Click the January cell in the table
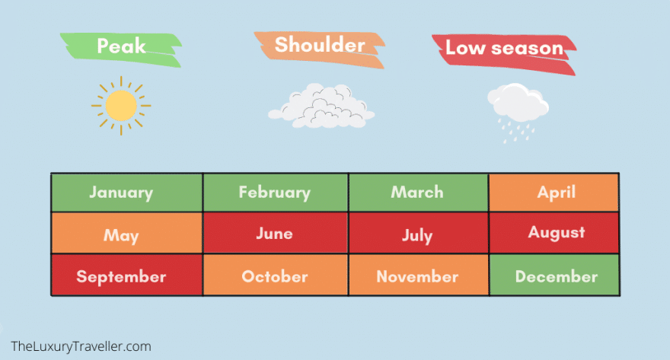[x=127, y=193]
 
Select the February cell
[x=276, y=193]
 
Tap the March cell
[x=419, y=193]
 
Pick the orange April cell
[x=554, y=193]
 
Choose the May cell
[x=127, y=233]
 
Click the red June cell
[x=276, y=233]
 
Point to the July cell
[x=419, y=233]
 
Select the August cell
[x=554, y=233]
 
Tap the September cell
[x=127, y=275]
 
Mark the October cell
[x=276, y=275]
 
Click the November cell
[x=419, y=275]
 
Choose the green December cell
[x=554, y=275]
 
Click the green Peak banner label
[x=121, y=49]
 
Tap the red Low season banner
[x=504, y=54]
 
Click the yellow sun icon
[x=121, y=106]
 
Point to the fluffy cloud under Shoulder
[x=321, y=106]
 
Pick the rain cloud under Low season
[x=518, y=102]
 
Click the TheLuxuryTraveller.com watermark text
[x=81, y=346]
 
